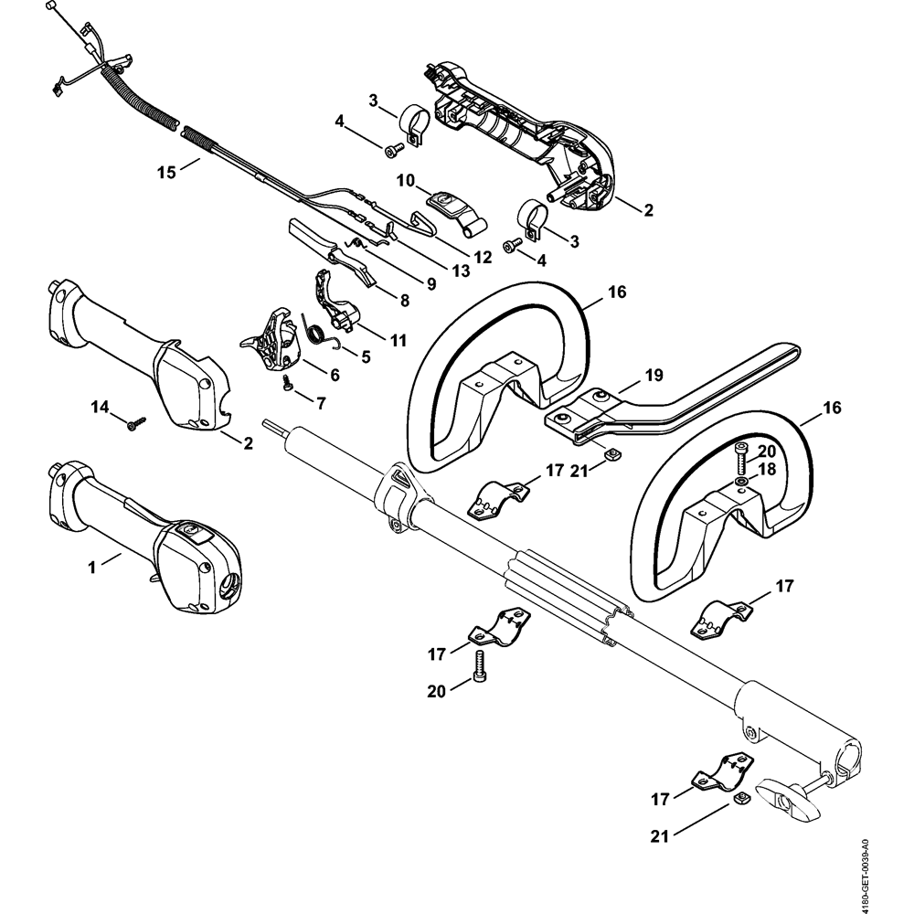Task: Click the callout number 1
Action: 91,568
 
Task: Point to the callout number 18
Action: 766,468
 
